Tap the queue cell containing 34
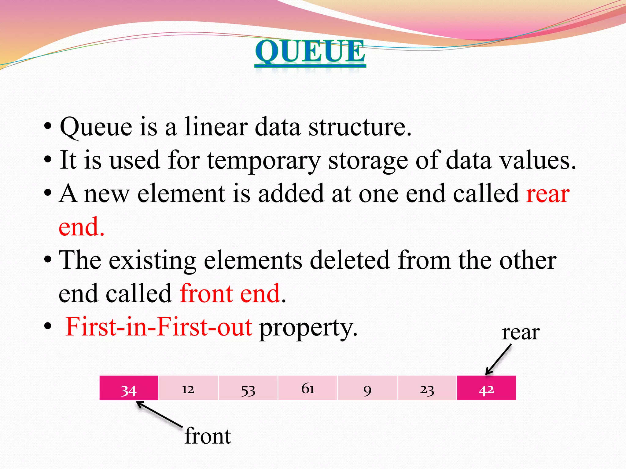point(129,388)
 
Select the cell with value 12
point(188,388)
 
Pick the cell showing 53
point(248,388)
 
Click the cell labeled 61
point(307,388)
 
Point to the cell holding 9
point(367,388)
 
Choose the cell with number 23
point(427,388)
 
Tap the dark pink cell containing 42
point(486,388)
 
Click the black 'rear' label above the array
point(521,333)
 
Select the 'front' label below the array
point(208,436)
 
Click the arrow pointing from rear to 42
point(499,359)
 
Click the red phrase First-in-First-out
point(159,327)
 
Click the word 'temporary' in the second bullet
point(264,160)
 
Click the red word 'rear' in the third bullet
point(548,194)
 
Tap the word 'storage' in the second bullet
point(368,160)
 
